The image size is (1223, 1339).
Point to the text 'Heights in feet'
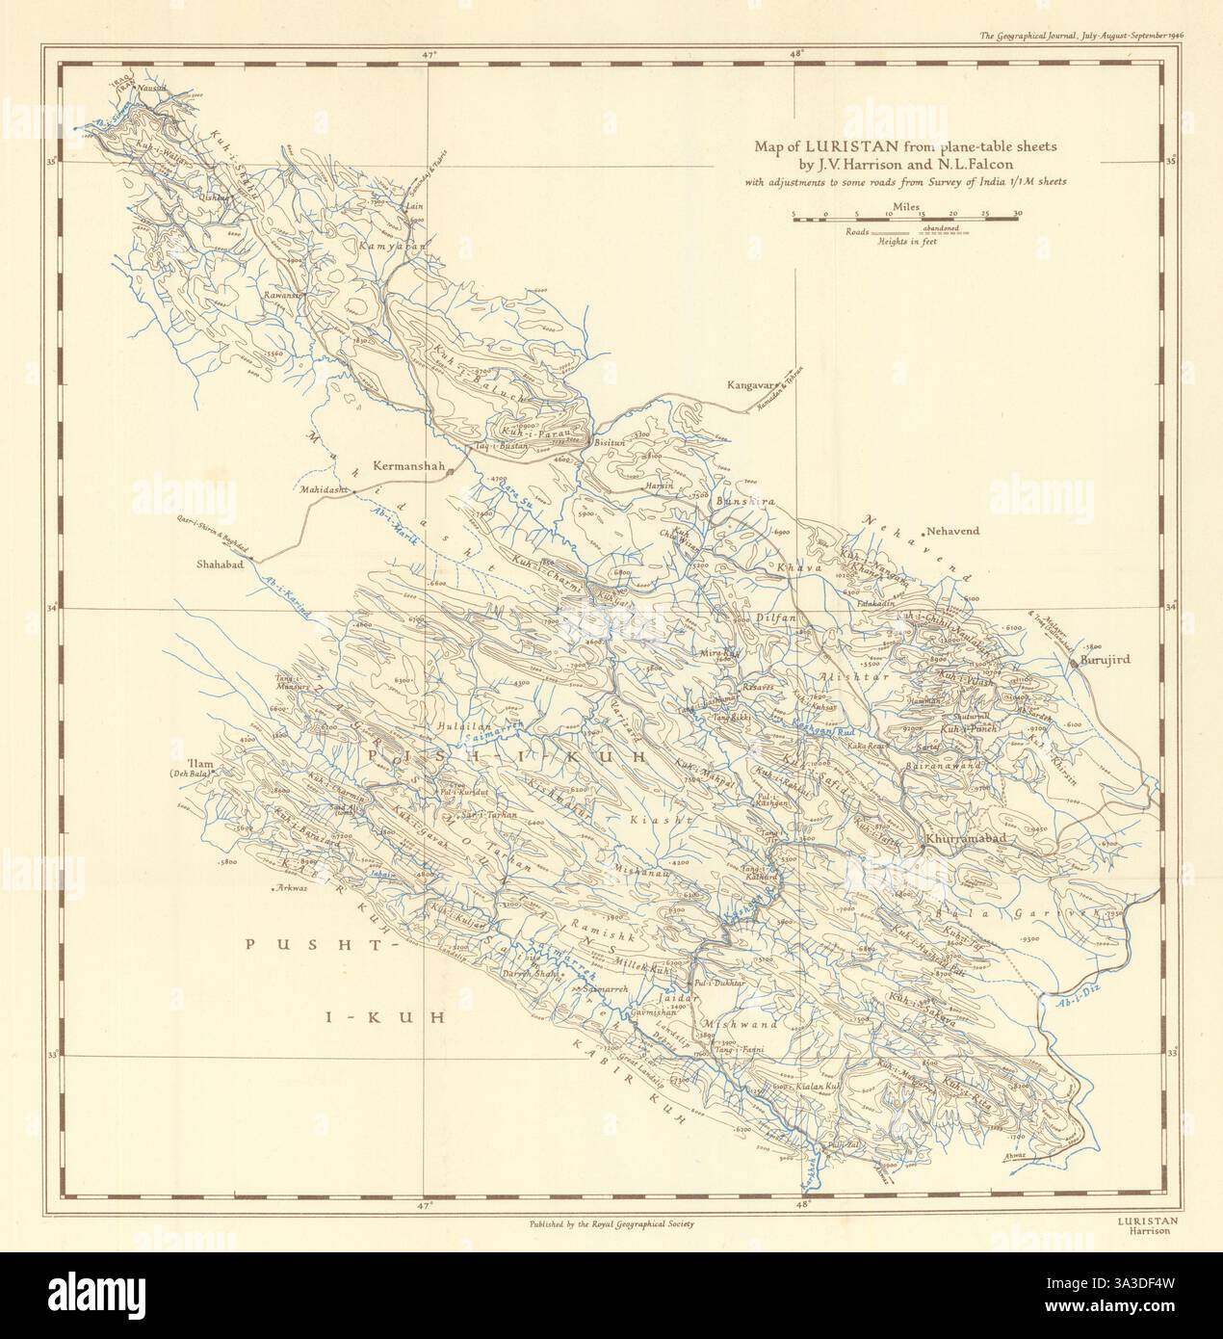tap(906, 242)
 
